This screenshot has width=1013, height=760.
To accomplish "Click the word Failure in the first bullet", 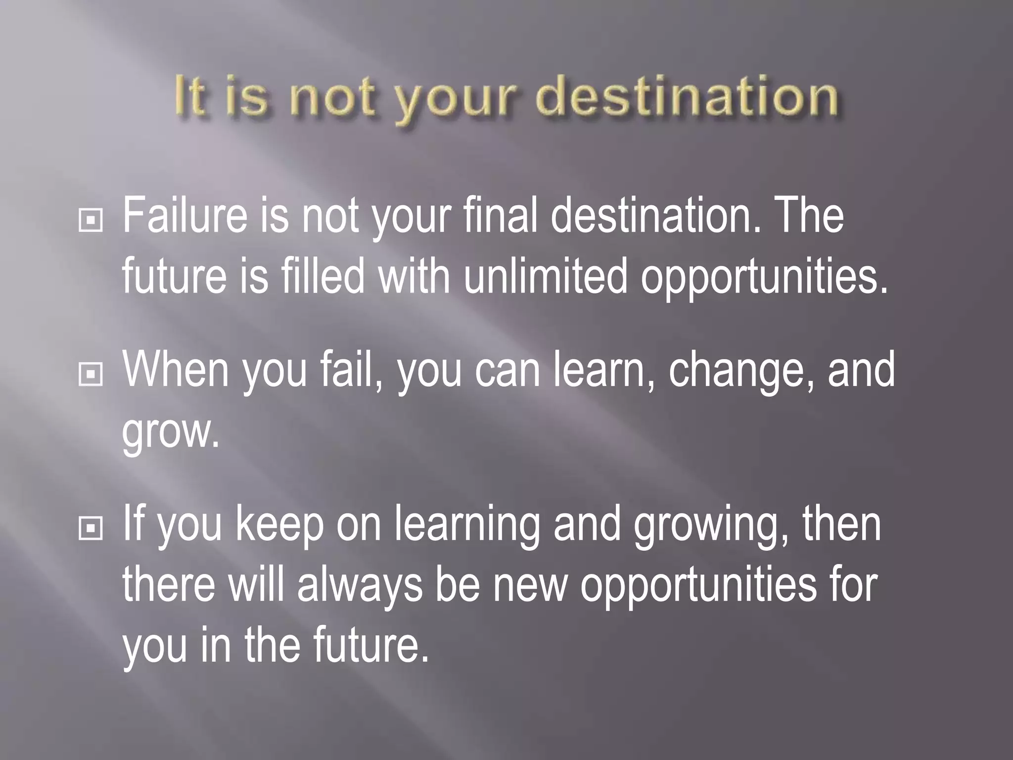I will point(184,216).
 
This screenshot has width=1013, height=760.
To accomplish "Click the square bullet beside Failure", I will point(91,221).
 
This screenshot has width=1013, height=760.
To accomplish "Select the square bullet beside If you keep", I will point(91,529).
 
